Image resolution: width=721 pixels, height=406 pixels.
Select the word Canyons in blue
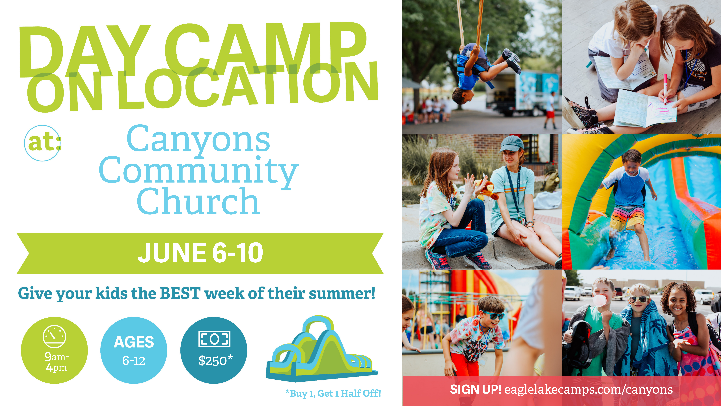click(198, 139)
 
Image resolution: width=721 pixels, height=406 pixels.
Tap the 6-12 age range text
click(134, 361)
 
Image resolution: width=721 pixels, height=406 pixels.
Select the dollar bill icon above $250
click(214, 339)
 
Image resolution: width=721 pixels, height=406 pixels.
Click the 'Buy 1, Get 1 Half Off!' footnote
click(333, 393)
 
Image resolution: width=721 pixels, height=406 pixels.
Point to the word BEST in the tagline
click(180, 293)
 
